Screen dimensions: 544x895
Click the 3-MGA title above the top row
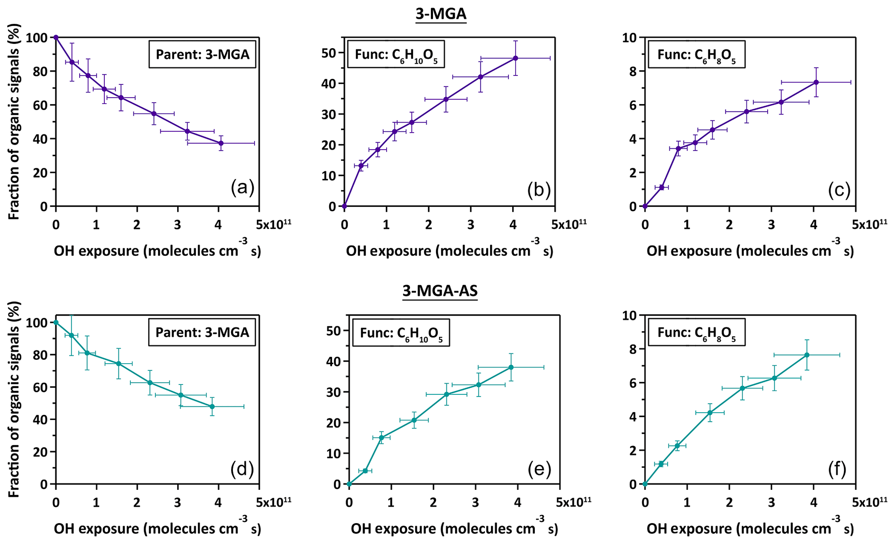[441, 14]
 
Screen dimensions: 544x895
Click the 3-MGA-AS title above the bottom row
[440, 291]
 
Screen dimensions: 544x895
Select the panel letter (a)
[242, 188]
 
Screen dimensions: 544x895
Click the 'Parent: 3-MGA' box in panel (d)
[202, 332]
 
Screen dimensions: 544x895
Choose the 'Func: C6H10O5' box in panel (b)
[396, 55]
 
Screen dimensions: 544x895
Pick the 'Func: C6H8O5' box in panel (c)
[696, 55]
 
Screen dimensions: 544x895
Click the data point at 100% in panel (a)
[56, 37]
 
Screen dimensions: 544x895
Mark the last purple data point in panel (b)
[515, 58]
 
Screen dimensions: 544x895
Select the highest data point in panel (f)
[807, 355]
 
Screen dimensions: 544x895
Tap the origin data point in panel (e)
[349, 484]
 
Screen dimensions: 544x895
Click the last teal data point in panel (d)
[212, 407]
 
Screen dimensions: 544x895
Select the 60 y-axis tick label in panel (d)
[39, 387]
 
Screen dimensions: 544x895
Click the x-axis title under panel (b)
[449, 251]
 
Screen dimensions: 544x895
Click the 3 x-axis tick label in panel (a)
[178, 225]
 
